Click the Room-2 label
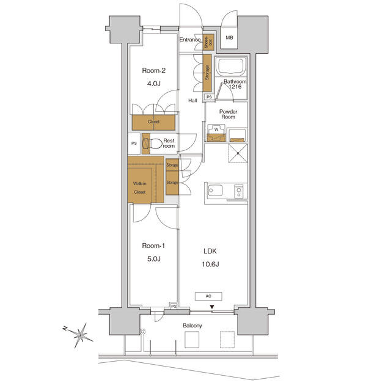[154, 70]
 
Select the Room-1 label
[154, 246]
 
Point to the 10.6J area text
[211, 264]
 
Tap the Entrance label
[190, 40]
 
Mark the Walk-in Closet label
[140, 188]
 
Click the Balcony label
[192, 326]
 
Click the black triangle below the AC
[211, 307]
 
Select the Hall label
[192, 101]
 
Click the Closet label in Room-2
[153, 122]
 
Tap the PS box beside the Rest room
[134, 144]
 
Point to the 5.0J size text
[154, 259]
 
